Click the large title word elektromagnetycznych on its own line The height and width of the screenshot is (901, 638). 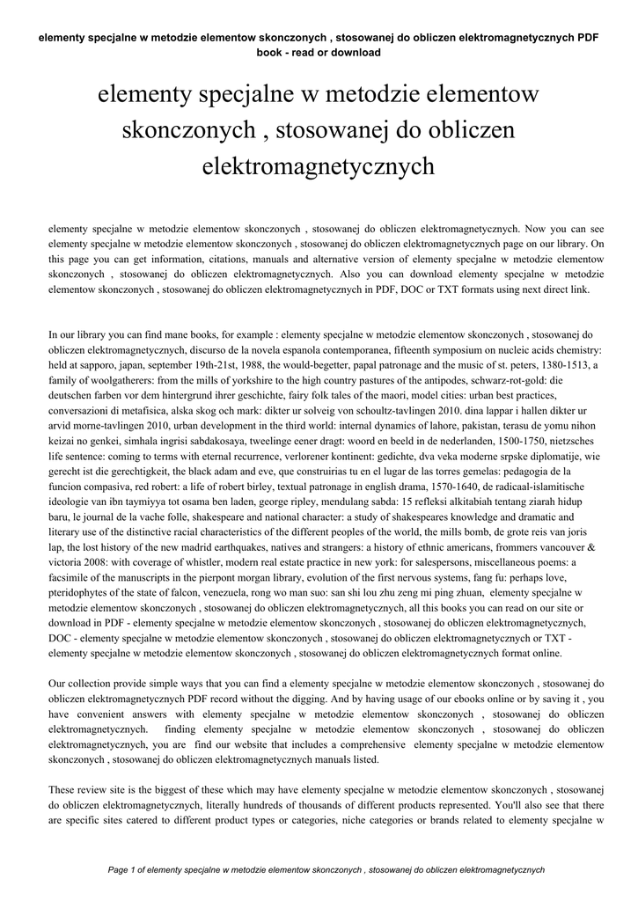(319, 165)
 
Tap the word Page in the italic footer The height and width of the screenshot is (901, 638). (117, 869)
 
